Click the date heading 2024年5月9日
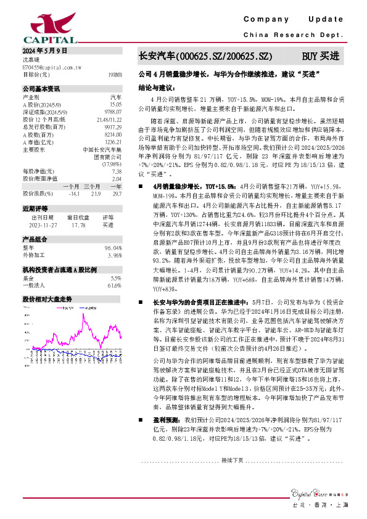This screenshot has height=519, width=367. (x=44, y=51)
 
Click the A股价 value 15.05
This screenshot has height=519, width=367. (x=115, y=105)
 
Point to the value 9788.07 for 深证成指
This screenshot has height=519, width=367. (x=113, y=112)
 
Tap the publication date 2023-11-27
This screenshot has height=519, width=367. (x=43, y=225)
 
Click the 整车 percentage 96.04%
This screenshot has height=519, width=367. (x=114, y=247)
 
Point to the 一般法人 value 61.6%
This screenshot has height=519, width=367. (x=115, y=285)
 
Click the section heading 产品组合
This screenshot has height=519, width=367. (x=35, y=239)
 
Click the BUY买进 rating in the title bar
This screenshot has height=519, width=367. (x=320, y=56)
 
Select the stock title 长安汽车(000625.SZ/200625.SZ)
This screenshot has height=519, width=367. (x=205, y=56)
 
